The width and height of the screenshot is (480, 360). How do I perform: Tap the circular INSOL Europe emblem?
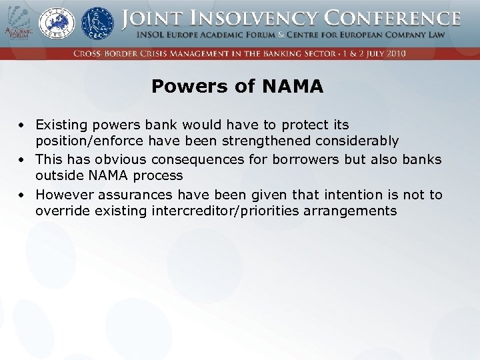point(57,23)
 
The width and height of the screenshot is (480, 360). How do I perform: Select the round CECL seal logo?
point(97,23)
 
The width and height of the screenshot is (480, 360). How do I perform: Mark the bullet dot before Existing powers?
point(22,125)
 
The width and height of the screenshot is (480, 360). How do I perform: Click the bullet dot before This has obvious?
point(22,160)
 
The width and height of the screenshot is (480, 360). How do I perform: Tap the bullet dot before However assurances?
point(22,195)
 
